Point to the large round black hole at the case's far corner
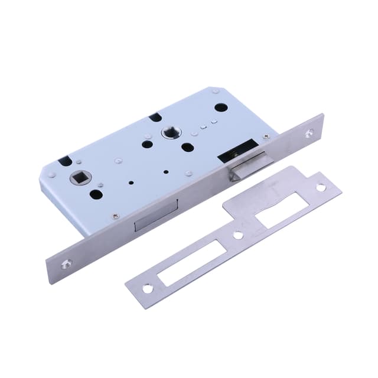220,108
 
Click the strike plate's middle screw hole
238,234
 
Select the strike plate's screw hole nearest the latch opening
321,188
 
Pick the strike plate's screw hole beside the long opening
146,289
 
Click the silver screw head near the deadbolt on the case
115,216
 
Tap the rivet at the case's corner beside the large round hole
216,92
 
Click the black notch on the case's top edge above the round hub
155,116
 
